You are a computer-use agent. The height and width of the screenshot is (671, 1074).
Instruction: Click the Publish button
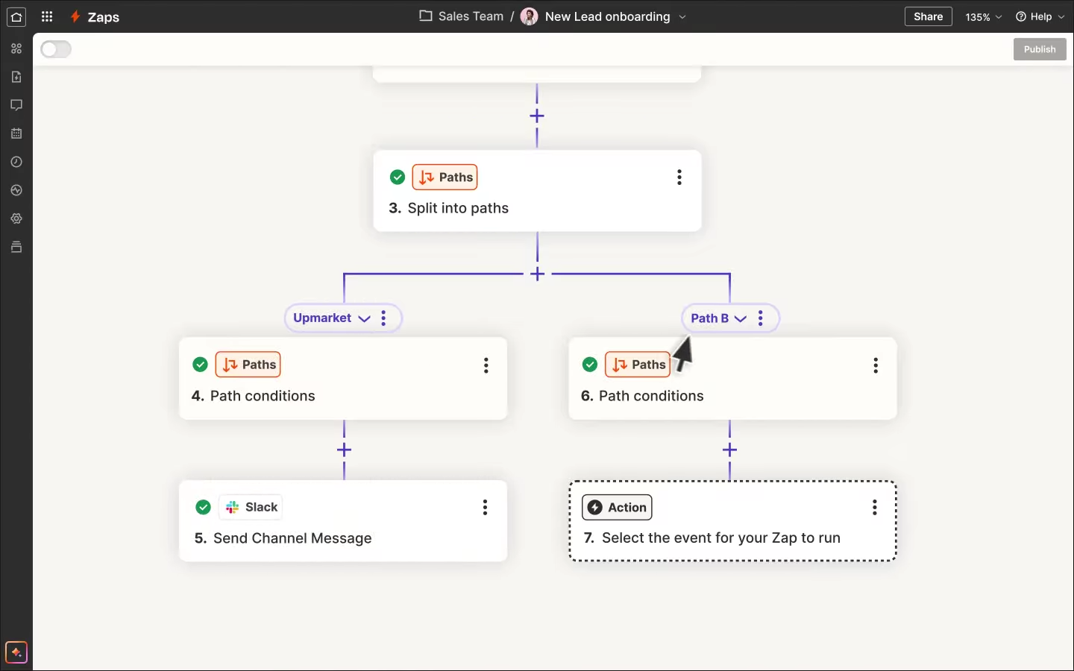(1040, 49)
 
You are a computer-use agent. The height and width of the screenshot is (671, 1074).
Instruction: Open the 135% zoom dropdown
(983, 16)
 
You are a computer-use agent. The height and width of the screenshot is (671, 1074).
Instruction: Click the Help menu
(1040, 16)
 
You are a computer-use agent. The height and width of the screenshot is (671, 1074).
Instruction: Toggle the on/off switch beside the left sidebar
(56, 49)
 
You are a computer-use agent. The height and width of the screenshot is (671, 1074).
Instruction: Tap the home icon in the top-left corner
(16, 16)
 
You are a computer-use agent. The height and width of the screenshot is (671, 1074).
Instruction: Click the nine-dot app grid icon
(46, 16)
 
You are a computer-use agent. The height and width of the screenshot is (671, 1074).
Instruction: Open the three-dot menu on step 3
(679, 177)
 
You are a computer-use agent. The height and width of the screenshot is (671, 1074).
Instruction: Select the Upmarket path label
(322, 318)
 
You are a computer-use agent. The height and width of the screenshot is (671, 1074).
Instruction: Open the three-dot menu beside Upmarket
(383, 318)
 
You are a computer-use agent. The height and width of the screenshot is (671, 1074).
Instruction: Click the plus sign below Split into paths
(538, 274)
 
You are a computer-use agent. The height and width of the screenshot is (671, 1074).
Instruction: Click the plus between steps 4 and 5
(344, 450)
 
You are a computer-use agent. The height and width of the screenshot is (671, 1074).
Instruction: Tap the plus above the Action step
(729, 450)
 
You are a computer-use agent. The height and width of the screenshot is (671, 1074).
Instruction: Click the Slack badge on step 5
(251, 507)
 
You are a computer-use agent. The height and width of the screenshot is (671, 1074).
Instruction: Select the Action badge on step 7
(617, 507)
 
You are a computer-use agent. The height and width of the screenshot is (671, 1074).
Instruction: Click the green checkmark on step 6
(590, 365)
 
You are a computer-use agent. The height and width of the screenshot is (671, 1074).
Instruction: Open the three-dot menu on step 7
(875, 507)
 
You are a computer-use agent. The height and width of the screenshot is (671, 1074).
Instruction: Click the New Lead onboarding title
(607, 16)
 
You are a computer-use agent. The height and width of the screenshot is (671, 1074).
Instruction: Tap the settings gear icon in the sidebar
(16, 218)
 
